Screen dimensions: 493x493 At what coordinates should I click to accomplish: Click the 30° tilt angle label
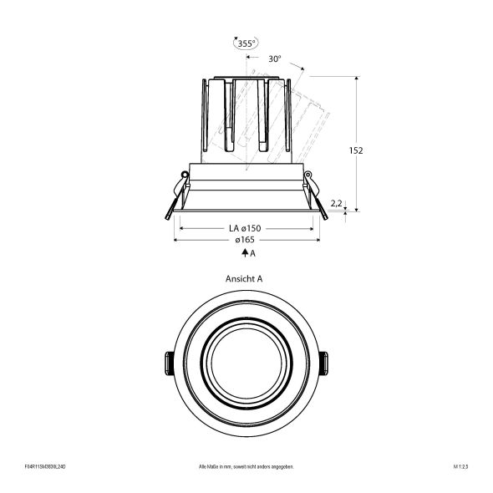[x=274, y=59]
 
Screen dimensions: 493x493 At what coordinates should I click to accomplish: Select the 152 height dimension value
[x=357, y=150]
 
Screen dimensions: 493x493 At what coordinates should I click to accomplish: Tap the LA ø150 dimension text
[x=245, y=228]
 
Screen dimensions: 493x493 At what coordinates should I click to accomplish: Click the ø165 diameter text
[x=245, y=240]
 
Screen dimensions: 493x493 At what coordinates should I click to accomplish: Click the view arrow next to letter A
[x=241, y=252]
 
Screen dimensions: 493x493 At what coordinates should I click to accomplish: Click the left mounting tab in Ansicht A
[x=167, y=363]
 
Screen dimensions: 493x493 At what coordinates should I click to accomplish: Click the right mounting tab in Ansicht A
[x=323, y=363]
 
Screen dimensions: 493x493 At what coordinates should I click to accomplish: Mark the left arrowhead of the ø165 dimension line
[x=176, y=240]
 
